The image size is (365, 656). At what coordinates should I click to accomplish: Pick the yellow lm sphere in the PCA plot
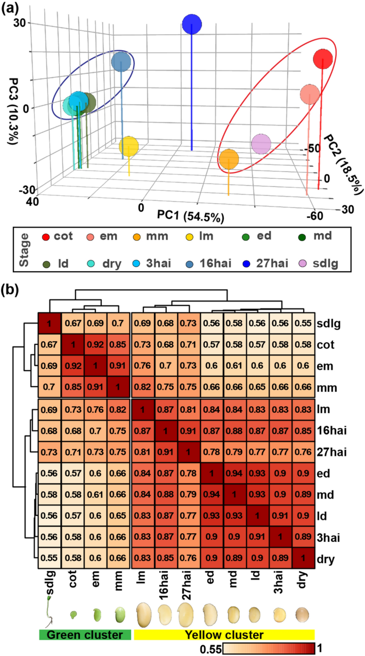pyautogui.click(x=129, y=146)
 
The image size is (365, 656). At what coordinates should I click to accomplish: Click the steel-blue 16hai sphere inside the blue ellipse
pyautogui.click(x=121, y=62)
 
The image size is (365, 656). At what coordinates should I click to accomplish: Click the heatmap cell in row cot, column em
pyautogui.click(x=96, y=346)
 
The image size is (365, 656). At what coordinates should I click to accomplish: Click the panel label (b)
pyautogui.click(x=12, y=289)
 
